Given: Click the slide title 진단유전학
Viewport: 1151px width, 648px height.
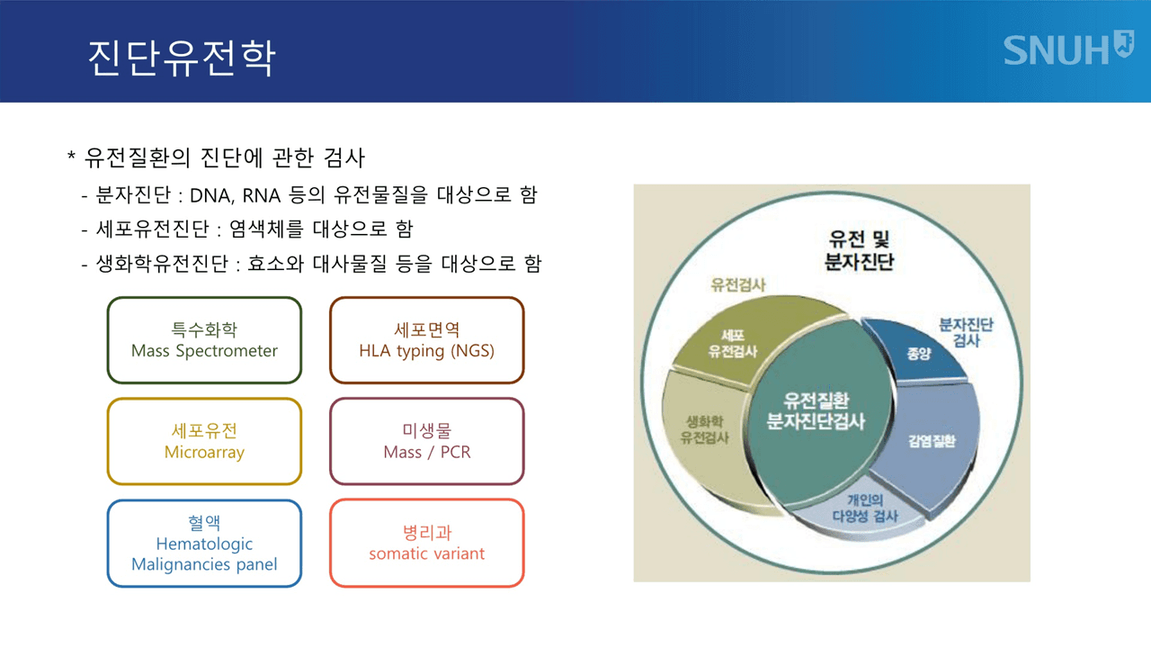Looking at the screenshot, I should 181,58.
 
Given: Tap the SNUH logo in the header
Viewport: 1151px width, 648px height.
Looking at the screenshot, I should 1067,49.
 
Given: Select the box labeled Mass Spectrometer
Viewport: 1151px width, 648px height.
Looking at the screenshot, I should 204,340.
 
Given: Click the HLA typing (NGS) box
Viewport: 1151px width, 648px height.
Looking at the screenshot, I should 426,340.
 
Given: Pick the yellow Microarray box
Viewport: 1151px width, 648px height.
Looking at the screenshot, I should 204,441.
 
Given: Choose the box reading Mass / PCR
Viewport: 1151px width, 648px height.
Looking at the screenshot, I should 426,441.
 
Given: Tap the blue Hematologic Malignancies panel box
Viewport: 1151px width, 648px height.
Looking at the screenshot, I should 204,543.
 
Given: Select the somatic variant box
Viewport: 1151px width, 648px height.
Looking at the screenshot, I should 426,543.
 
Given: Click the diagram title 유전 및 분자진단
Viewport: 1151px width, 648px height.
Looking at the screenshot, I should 859,250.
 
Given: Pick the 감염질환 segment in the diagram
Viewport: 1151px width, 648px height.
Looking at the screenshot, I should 932,441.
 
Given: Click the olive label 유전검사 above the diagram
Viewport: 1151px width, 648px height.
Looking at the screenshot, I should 737,285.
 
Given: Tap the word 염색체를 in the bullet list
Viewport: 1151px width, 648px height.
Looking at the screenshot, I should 272,229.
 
